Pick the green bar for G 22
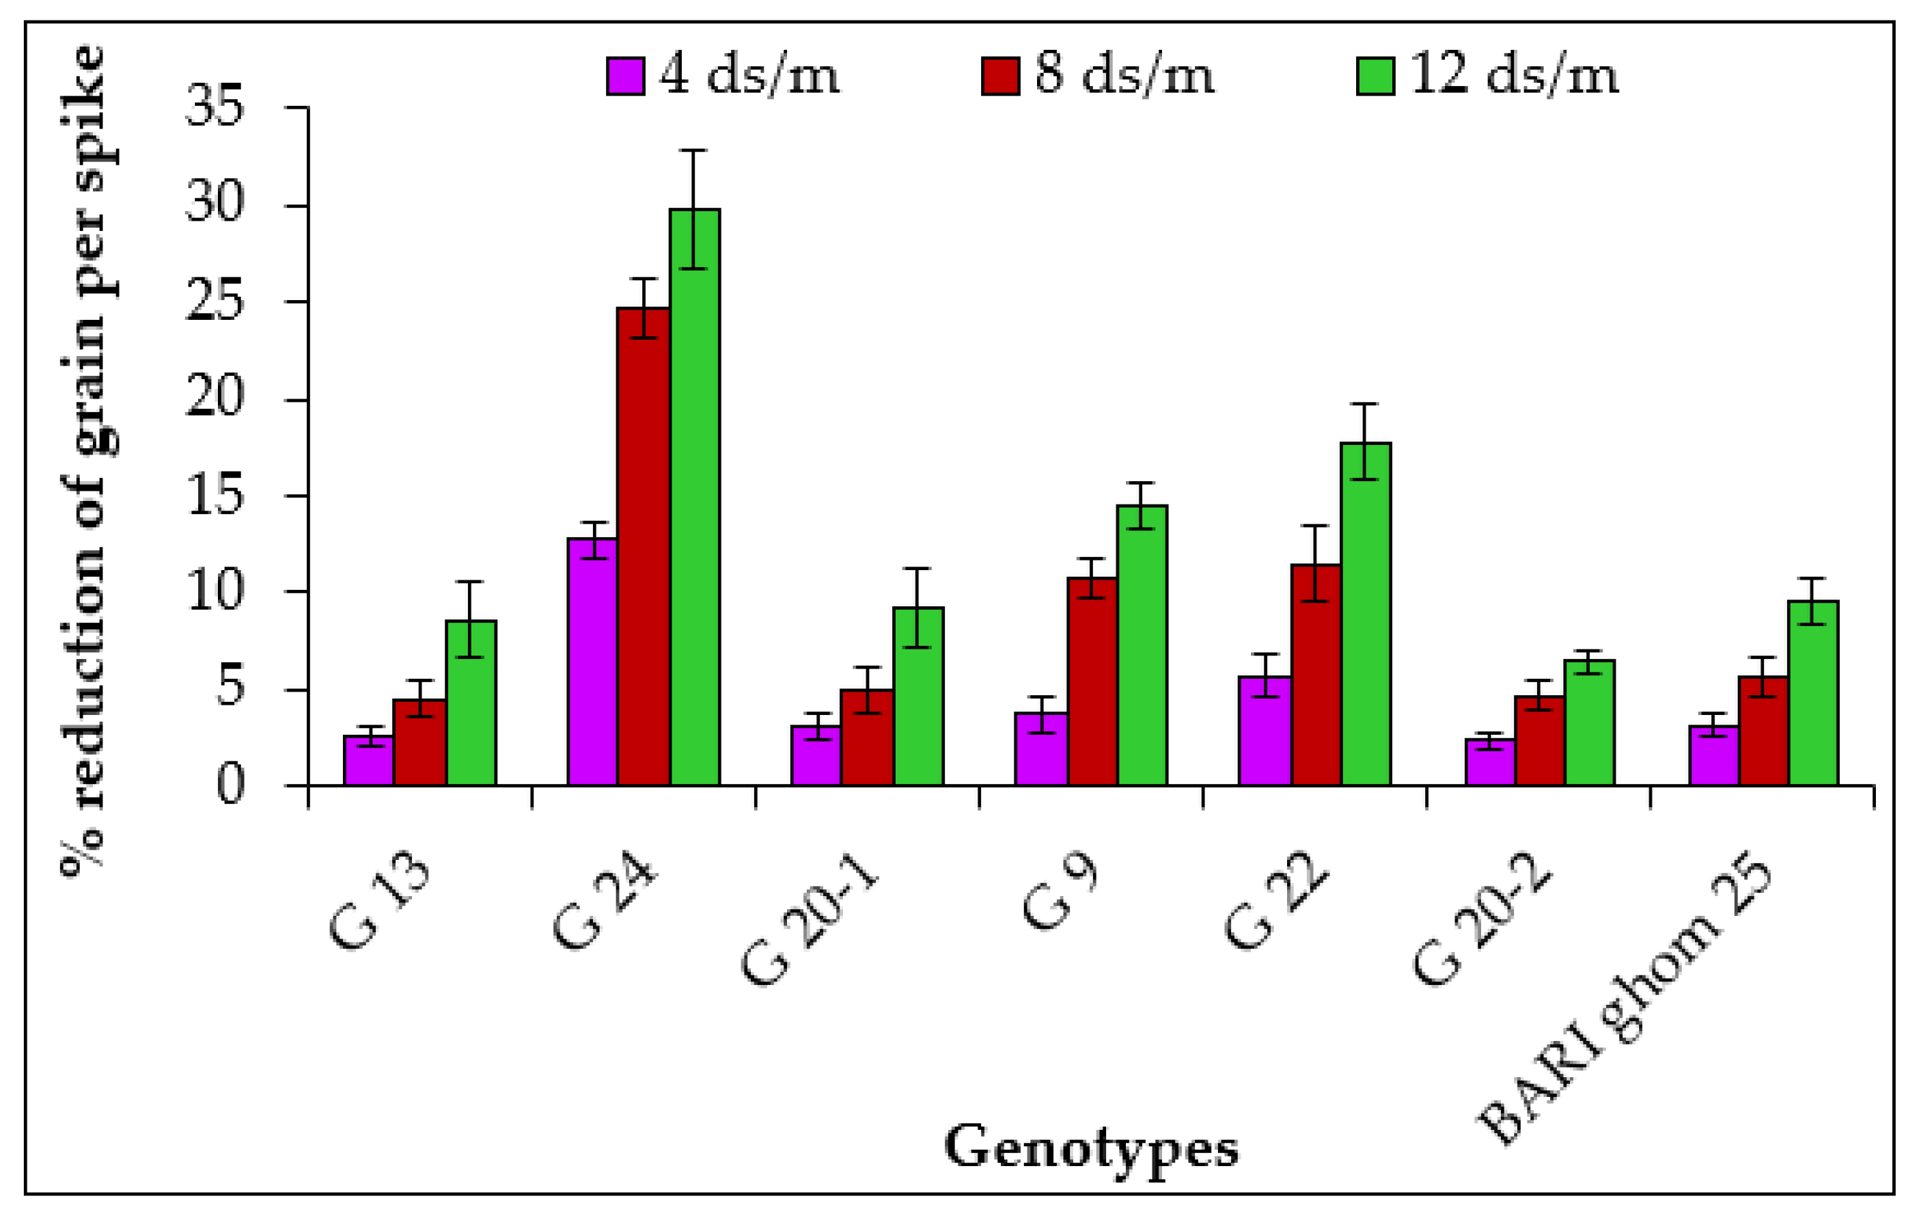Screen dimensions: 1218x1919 pos(1366,614)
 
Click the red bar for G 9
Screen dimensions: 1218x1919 pos(1092,682)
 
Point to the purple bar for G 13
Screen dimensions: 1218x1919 pos(368,761)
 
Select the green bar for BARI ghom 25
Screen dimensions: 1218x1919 pos(1813,694)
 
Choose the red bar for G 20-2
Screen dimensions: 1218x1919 pos(1540,742)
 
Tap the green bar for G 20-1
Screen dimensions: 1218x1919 pos(918,696)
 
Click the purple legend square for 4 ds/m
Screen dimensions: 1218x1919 pos(626,77)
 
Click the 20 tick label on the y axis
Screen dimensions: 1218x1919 pos(214,398)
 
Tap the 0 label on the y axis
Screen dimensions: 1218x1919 pos(230,785)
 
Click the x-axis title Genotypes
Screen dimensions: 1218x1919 pos(1091,1148)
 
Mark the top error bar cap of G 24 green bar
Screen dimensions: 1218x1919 pos(694,150)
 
